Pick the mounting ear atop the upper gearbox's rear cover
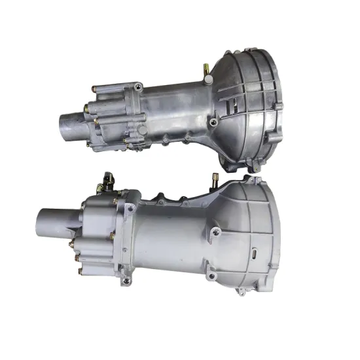138,86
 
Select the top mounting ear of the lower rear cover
130,207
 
